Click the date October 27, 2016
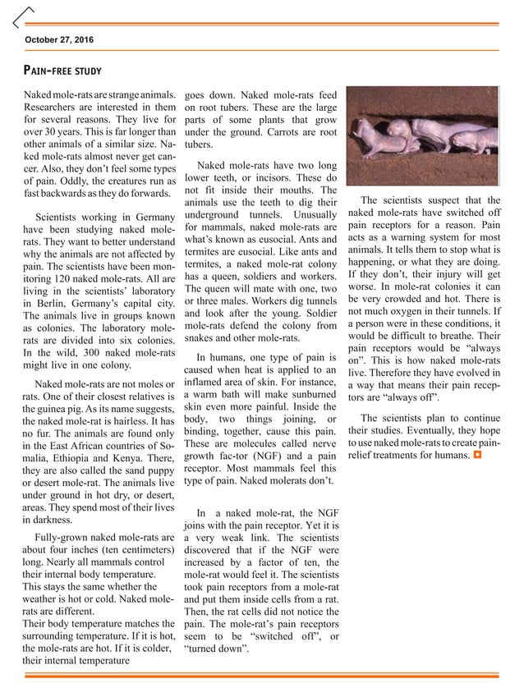click(59, 39)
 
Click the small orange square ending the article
click(476, 454)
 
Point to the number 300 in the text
click(105, 353)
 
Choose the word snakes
click(203, 337)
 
